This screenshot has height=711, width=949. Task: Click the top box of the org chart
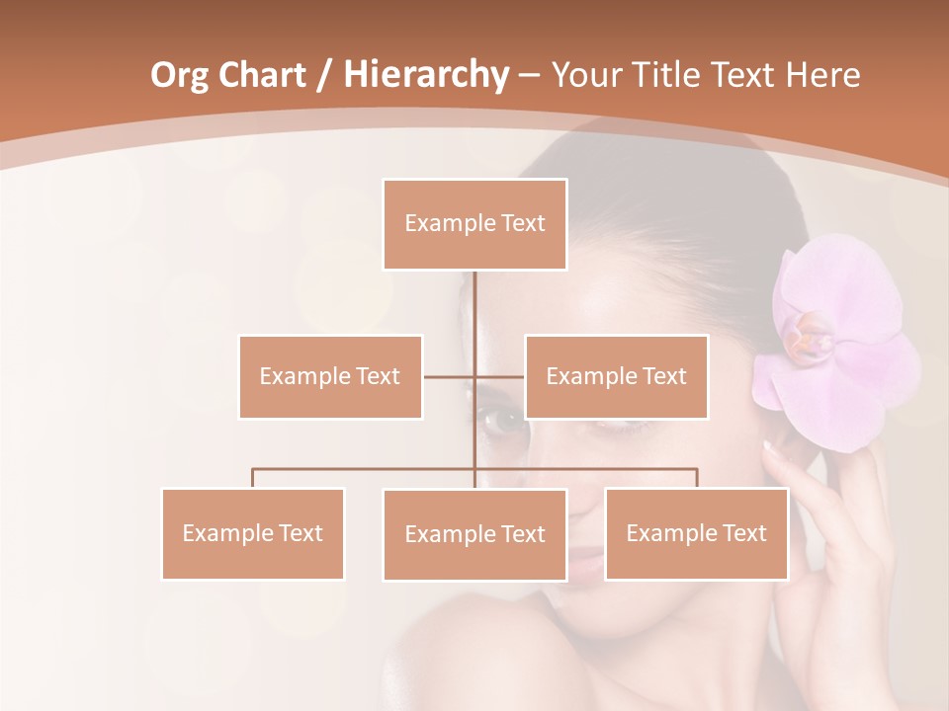[474, 223]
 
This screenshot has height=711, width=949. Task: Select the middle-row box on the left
[330, 376]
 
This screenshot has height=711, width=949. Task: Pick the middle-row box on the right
[616, 376]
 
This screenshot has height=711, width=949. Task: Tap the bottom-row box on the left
[253, 533]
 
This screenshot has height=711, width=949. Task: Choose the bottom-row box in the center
[474, 534]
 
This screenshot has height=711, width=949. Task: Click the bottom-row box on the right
[696, 533]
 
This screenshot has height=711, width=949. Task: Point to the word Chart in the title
[262, 75]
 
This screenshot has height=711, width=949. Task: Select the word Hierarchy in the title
[425, 75]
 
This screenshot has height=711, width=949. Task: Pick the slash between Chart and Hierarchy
[323, 75]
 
